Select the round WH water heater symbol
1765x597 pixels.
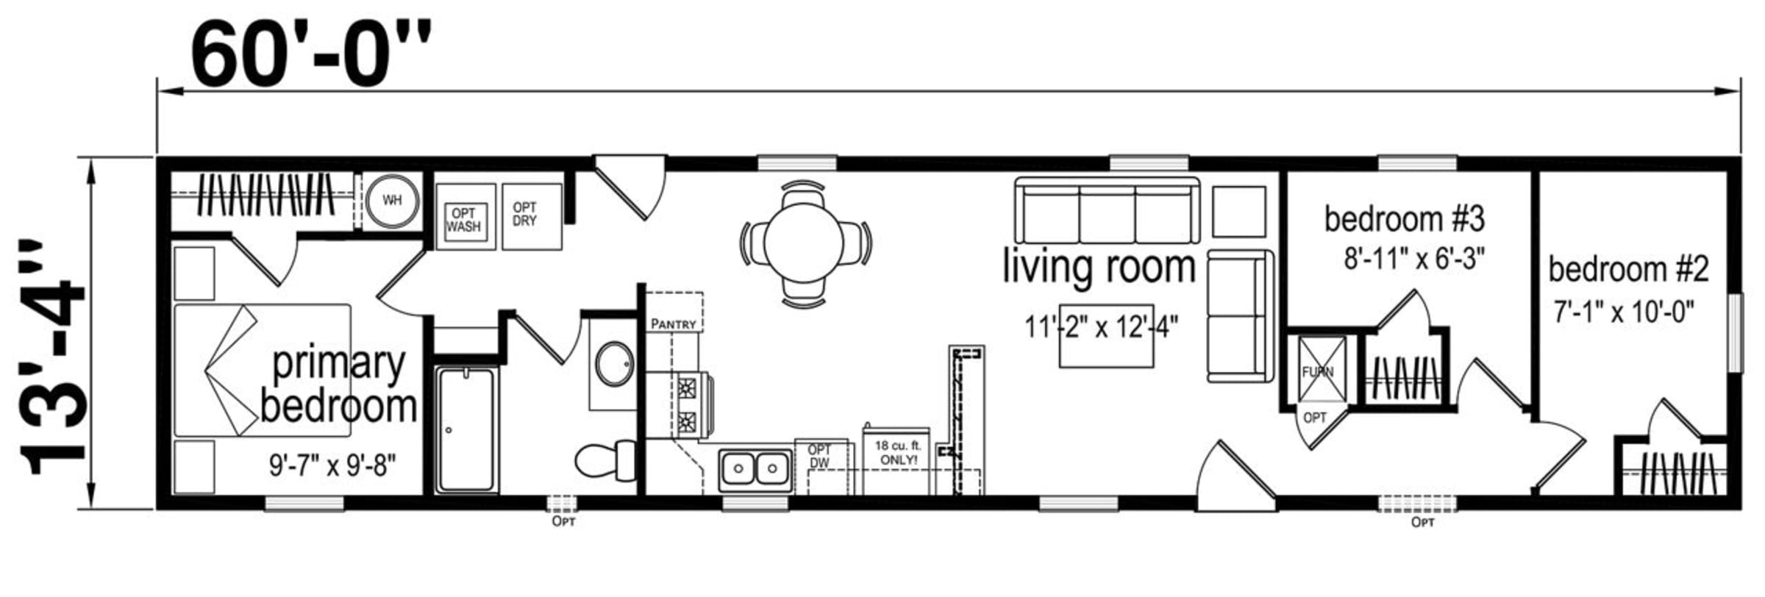(x=393, y=200)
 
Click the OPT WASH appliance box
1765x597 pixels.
(x=465, y=218)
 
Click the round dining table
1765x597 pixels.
(x=804, y=243)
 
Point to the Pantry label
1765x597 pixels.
(x=673, y=324)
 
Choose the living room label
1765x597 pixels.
(x=1099, y=266)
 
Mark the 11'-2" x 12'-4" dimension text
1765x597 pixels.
(x=1102, y=326)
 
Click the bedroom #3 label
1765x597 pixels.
(x=1405, y=218)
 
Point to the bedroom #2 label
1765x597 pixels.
(x=1628, y=270)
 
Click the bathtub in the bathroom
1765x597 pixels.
(x=466, y=429)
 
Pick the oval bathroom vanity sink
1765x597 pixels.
(x=615, y=363)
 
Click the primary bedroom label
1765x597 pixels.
(x=338, y=385)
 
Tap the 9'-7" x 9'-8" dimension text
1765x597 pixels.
(x=332, y=465)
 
